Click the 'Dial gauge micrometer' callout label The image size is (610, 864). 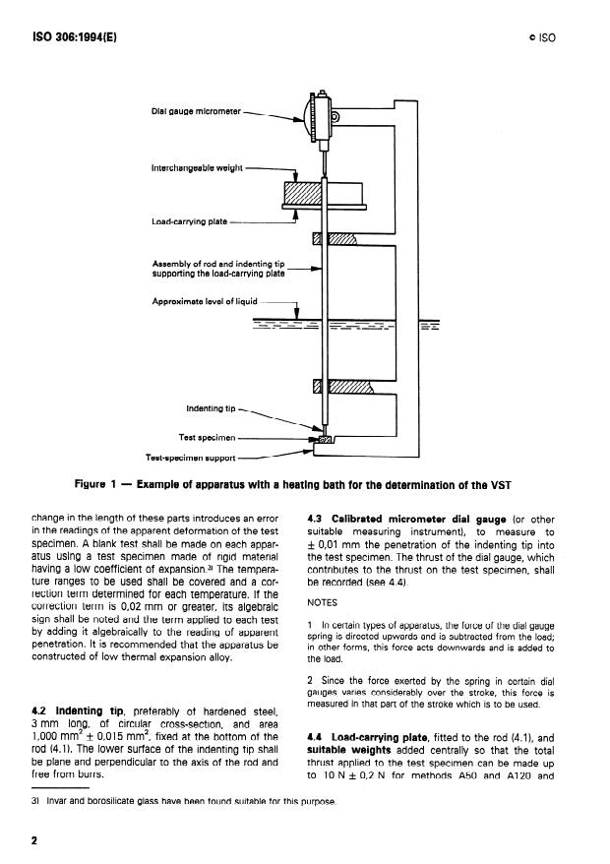(194, 112)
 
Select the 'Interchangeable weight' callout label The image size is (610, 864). (196, 169)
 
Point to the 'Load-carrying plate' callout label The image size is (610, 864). (189, 221)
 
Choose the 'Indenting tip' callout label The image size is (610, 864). (212, 407)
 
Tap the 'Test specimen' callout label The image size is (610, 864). (208, 437)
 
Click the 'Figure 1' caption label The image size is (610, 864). (102, 484)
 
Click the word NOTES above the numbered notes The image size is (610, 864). (324, 600)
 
